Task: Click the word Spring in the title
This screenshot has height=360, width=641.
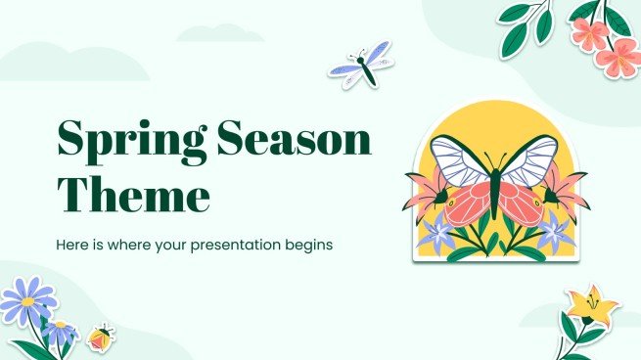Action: click(121, 144)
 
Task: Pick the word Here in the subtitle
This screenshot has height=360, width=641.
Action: click(75, 245)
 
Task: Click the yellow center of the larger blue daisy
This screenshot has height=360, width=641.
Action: click(27, 302)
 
